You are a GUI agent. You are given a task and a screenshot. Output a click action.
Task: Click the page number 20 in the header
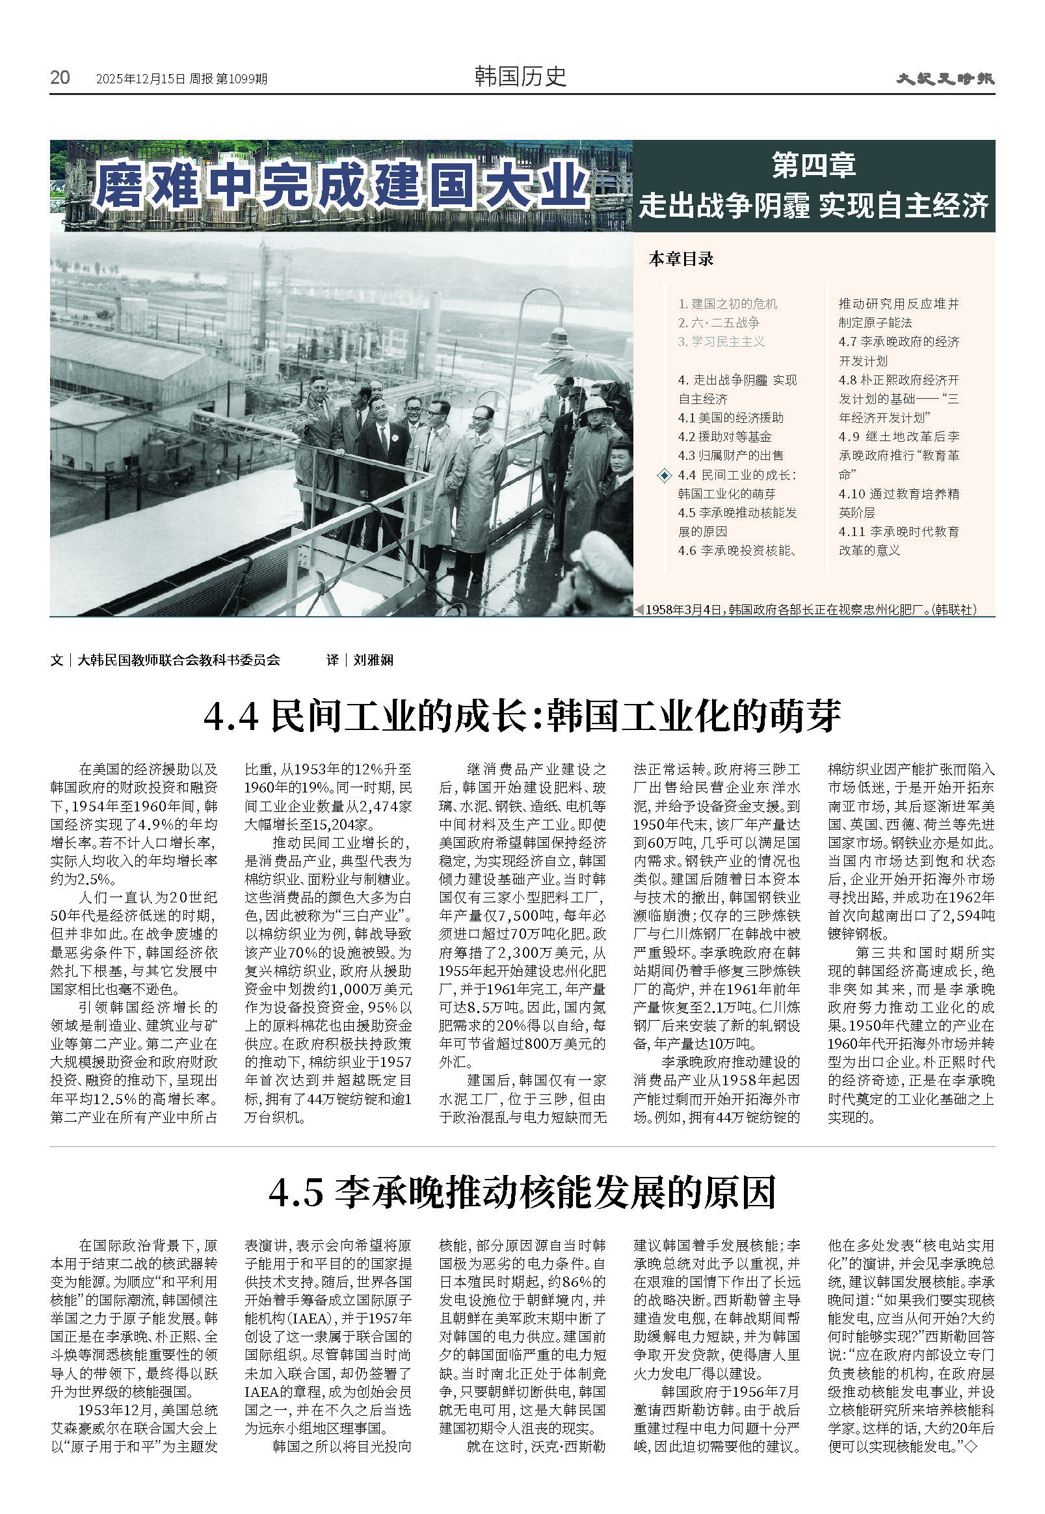pyautogui.click(x=60, y=77)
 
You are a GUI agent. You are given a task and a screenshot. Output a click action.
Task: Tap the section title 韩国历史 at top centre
pyautogui.click(x=520, y=77)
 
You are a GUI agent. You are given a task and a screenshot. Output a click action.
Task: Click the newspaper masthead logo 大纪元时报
pyautogui.click(x=945, y=79)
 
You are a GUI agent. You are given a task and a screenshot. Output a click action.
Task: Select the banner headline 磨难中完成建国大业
pyautogui.click(x=341, y=185)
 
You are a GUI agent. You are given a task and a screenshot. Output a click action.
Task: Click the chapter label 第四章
pyautogui.click(x=814, y=165)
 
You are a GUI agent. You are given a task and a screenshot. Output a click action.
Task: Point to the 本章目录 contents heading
pyautogui.click(x=681, y=259)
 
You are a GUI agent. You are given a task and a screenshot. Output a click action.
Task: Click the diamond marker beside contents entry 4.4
pyautogui.click(x=665, y=475)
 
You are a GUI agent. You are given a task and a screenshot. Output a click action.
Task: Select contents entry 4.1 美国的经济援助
pyautogui.click(x=731, y=418)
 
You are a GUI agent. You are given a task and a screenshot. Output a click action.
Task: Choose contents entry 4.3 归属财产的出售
pyautogui.click(x=731, y=455)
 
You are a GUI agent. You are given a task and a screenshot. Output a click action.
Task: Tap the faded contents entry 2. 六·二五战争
pyautogui.click(x=719, y=322)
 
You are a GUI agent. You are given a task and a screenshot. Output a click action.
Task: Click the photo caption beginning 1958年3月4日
pyautogui.click(x=810, y=609)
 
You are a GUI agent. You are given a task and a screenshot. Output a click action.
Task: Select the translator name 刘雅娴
pyautogui.click(x=373, y=660)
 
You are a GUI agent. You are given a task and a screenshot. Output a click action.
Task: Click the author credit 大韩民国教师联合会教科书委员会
pyautogui.click(x=179, y=660)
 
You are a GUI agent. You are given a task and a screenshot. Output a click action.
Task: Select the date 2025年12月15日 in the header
pyautogui.click(x=140, y=79)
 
